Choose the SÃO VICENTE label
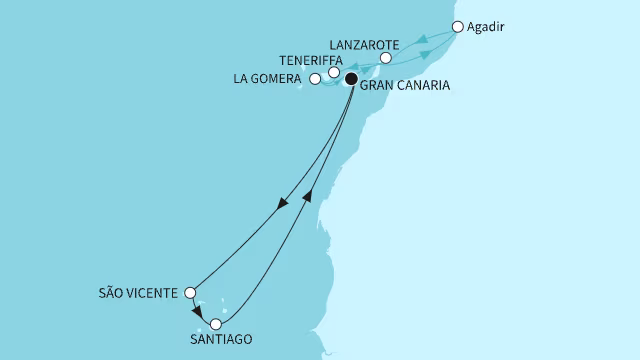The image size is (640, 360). pyautogui.click(x=139, y=294)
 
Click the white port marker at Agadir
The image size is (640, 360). pyautogui.click(x=458, y=27)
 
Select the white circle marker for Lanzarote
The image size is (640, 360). pyautogui.click(x=385, y=58)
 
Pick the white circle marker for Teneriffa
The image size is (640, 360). pyautogui.click(x=334, y=72)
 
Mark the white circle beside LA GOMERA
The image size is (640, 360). pyautogui.click(x=315, y=78)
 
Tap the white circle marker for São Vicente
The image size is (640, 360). pyautogui.click(x=190, y=294)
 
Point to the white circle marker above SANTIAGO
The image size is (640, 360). pyautogui.click(x=215, y=323)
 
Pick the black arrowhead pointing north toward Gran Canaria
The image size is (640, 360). pyautogui.click(x=308, y=195)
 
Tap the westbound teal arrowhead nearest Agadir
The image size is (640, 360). pyautogui.click(x=423, y=41)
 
